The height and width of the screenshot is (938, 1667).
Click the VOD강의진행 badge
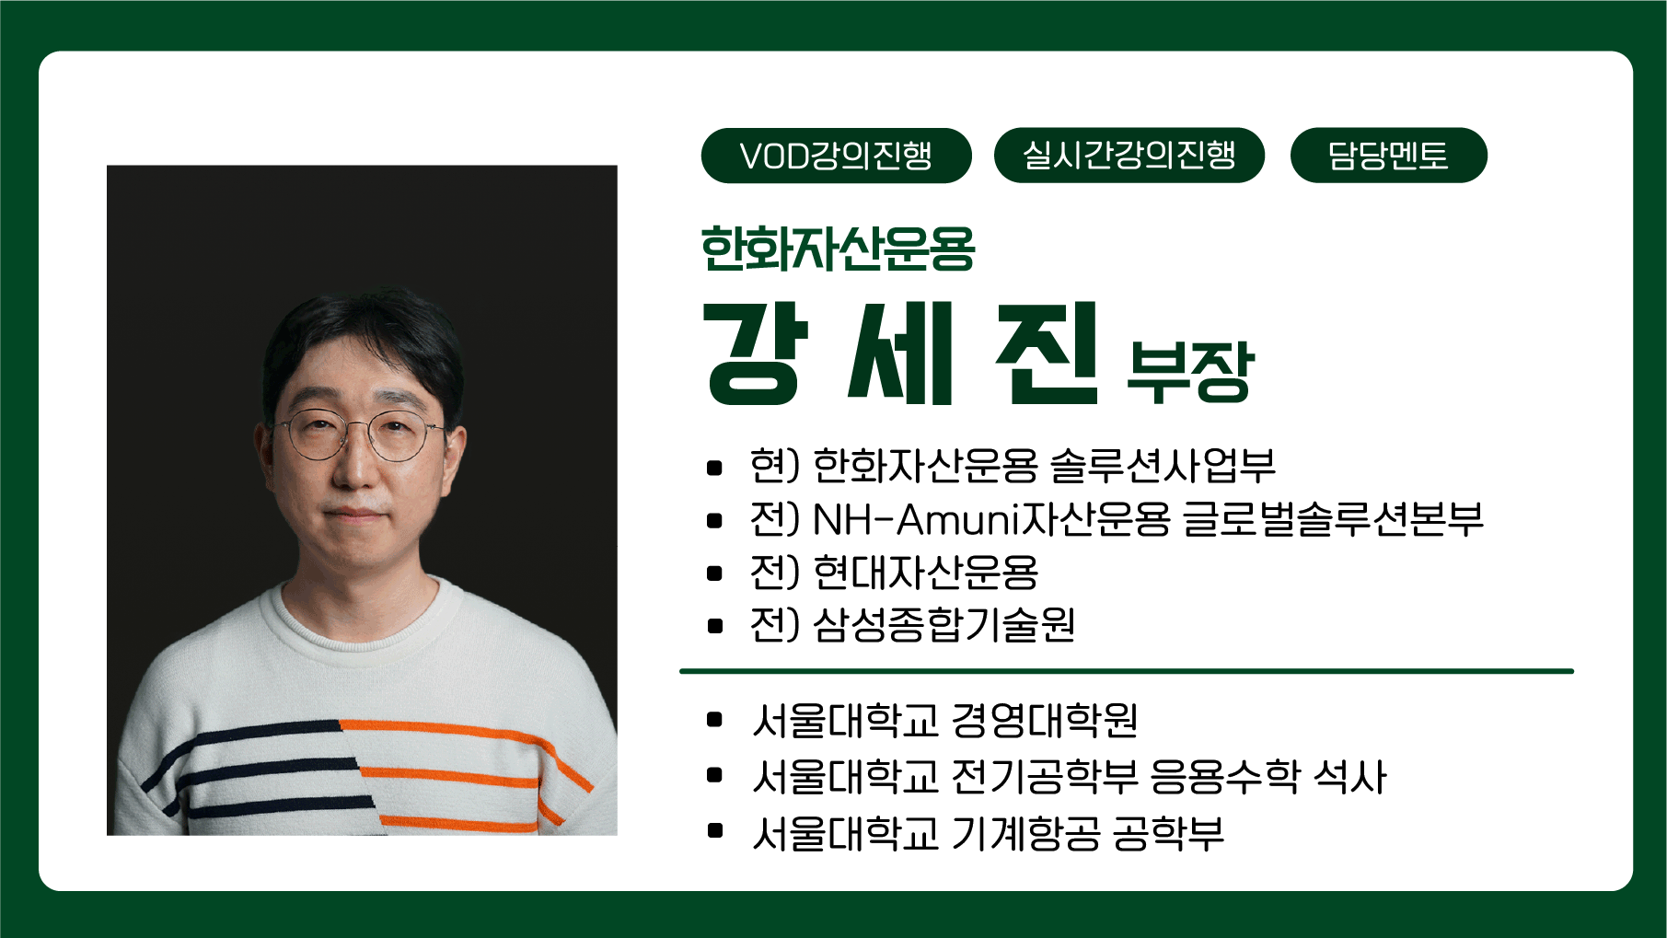[x=836, y=156]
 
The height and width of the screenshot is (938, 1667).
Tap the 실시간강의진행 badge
[x=1129, y=156]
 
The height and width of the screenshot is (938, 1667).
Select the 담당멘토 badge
[x=1388, y=156]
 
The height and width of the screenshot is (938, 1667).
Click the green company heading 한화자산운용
[x=838, y=249]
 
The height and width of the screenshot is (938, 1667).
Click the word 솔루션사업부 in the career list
[x=1163, y=466]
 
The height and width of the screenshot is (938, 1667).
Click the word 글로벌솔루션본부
[x=1333, y=519]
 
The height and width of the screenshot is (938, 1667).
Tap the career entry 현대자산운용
[x=926, y=573]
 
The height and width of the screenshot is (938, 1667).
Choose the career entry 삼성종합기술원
[x=944, y=625]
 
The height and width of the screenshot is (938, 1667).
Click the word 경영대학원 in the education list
[x=1045, y=721]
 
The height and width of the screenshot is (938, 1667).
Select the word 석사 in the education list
[x=1350, y=777]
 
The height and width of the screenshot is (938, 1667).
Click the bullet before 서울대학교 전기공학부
[x=714, y=776]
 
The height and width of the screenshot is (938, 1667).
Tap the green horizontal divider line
[x=1127, y=671]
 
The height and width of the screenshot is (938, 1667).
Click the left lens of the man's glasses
[x=315, y=436]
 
